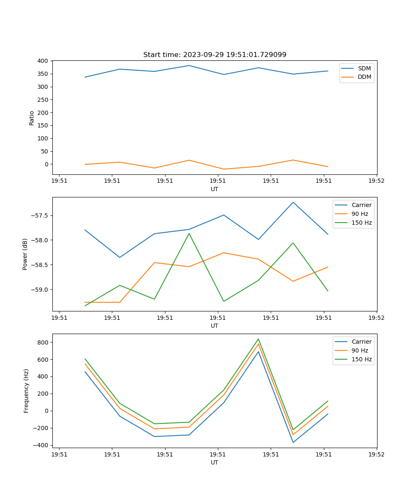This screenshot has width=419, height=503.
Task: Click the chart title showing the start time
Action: click(x=215, y=55)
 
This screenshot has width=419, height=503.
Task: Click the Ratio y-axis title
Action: click(x=32, y=118)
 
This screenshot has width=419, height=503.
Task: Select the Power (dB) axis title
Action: click(x=26, y=254)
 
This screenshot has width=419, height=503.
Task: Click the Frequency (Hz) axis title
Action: click(x=26, y=391)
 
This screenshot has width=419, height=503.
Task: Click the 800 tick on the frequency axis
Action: click(x=43, y=342)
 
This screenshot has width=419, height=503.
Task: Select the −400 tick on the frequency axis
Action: click(x=41, y=445)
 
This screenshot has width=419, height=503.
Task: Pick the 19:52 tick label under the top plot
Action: click(x=376, y=181)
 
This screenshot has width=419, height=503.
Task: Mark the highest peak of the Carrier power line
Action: click(x=293, y=202)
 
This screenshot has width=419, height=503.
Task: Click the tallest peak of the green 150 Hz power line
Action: click(x=189, y=233)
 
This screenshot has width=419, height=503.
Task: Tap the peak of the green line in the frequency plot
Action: click(x=259, y=339)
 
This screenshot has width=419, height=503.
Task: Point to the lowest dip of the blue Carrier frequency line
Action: click(x=293, y=442)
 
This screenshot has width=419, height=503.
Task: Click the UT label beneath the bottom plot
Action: click(x=215, y=462)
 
